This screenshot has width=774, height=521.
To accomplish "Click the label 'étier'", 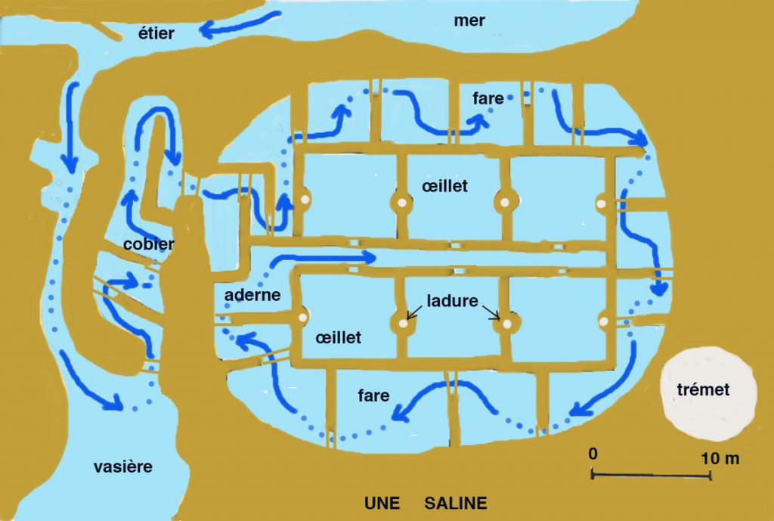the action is pyautogui.click(x=156, y=33).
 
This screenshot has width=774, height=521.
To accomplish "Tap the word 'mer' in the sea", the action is pyautogui.click(x=469, y=20).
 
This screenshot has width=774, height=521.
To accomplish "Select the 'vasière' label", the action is pyautogui.click(x=123, y=467).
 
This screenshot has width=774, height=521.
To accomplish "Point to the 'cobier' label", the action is pyautogui.click(x=148, y=244).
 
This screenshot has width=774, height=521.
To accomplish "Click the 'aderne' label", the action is pyautogui.click(x=252, y=295).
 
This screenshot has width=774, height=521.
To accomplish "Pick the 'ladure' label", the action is pyautogui.click(x=452, y=301).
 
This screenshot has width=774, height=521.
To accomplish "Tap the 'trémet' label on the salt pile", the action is pyautogui.click(x=703, y=389).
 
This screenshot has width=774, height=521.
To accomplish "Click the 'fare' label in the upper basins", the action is pyautogui.click(x=488, y=98).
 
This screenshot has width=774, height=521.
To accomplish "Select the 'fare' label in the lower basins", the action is pyautogui.click(x=373, y=395).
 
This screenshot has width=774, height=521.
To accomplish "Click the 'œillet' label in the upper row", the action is pyautogui.click(x=444, y=186).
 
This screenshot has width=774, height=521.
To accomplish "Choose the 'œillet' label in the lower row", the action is pyautogui.click(x=338, y=337).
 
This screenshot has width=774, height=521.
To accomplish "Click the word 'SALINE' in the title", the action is pyautogui.click(x=456, y=503).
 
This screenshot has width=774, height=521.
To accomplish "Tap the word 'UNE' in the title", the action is pyautogui.click(x=382, y=503).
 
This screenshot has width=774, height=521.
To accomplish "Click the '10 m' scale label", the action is pyautogui.click(x=720, y=458).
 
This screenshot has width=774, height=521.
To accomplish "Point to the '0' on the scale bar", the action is pyautogui.click(x=593, y=454).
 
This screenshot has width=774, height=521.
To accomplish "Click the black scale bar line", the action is pyautogui.click(x=651, y=475).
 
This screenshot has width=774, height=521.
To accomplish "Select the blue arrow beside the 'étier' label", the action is pyautogui.click(x=240, y=25).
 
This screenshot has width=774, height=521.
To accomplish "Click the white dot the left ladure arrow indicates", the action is pyautogui.click(x=404, y=324).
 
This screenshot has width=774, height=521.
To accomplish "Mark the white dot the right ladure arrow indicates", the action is pyautogui.click(x=506, y=324).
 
